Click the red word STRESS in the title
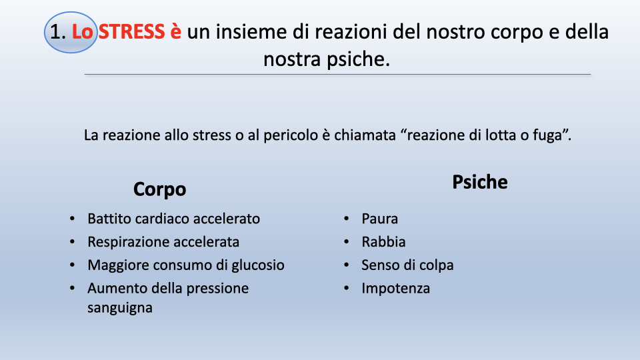click(131, 32)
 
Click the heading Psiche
click(479, 182)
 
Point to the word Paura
click(379, 219)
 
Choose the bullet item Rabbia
click(383, 242)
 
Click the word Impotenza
click(395, 289)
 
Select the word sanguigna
click(119, 308)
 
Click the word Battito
click(109, 219)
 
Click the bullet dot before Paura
click(346, 219)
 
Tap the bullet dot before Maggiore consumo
click(72, 265)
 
